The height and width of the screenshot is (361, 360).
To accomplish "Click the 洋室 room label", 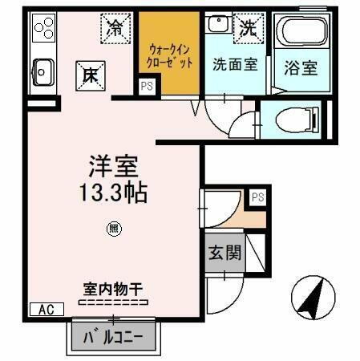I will click(x=114, y=168).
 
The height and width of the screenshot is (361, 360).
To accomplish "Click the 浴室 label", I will click(x=301, y=67).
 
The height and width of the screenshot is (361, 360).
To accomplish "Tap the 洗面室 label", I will click(x=234, y=65).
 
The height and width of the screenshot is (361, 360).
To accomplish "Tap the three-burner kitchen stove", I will click(x=42, y=30).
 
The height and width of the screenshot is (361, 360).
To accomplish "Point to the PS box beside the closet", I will click(x=147, y=85).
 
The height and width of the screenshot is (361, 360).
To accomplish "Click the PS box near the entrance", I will click(x=257, y=196).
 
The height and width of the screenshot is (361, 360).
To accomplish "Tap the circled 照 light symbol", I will click(x=114, y=229).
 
